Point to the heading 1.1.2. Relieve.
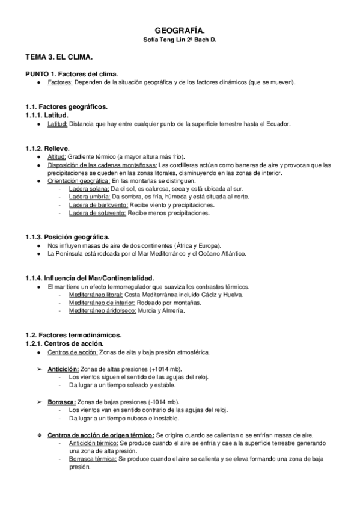point(47,147)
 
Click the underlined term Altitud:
point(57,156)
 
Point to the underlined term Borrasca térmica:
point(93,458)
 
